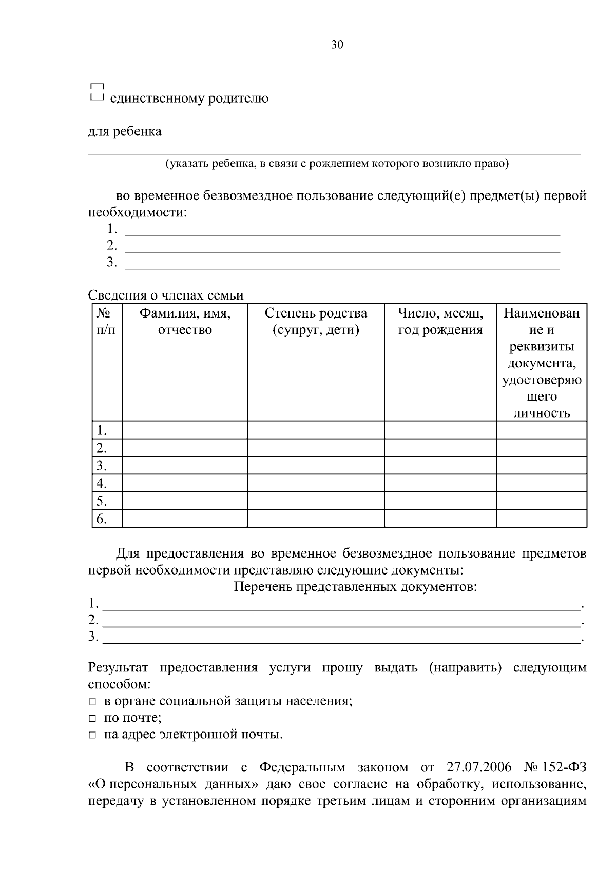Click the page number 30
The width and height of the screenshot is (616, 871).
(337, 45)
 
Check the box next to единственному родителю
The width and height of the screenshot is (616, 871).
(97, 92)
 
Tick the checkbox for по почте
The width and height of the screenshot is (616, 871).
(92, 719)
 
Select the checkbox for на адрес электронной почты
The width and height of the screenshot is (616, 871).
(92, 736)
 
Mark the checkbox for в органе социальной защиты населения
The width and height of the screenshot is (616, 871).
(92, 702)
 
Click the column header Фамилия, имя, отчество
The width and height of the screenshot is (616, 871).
(185, 321)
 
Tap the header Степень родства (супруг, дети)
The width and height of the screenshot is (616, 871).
(316, 321)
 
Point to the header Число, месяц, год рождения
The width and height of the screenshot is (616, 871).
(440, 321)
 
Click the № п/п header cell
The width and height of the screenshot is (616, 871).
(107, 321)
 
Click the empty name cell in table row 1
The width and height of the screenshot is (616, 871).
(185, 430)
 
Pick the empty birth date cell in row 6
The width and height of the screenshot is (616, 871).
(440, 518)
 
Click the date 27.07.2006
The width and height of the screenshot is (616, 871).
(479, 767)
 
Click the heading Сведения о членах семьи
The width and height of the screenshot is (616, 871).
(166, 295)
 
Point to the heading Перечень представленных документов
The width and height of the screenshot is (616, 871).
(355, 586)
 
